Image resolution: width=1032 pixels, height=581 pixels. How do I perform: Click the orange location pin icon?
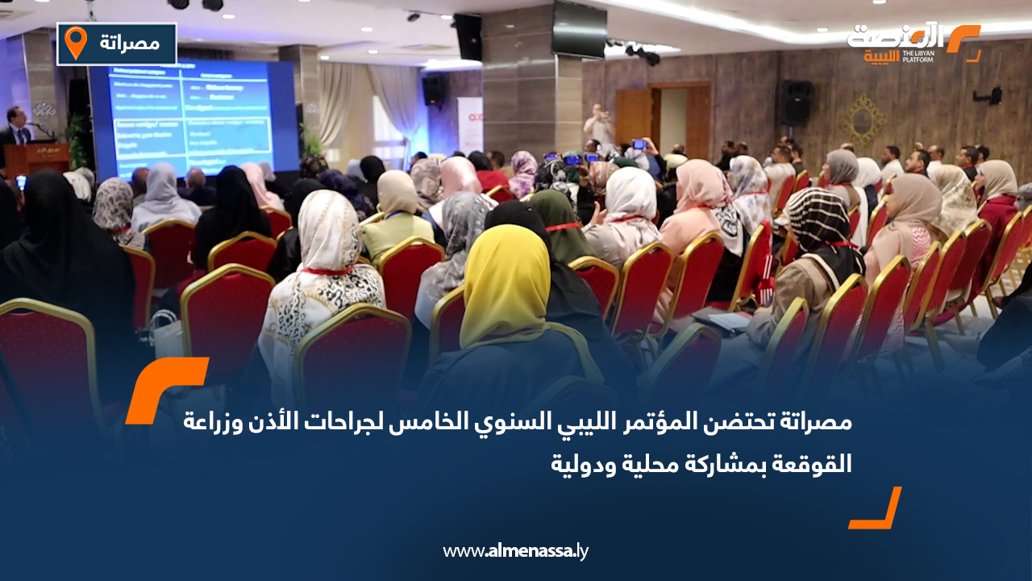(x=75, y=43)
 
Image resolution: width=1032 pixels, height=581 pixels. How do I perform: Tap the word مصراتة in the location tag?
(x=131, y=43)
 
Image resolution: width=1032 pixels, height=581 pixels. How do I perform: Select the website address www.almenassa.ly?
(x=516, y=551)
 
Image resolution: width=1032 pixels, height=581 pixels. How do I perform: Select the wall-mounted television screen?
(x=579, y=29)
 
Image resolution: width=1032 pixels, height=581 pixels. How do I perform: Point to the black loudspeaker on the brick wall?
(x=796, y=102)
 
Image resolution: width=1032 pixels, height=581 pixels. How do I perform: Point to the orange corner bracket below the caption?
(x=877, y=509)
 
